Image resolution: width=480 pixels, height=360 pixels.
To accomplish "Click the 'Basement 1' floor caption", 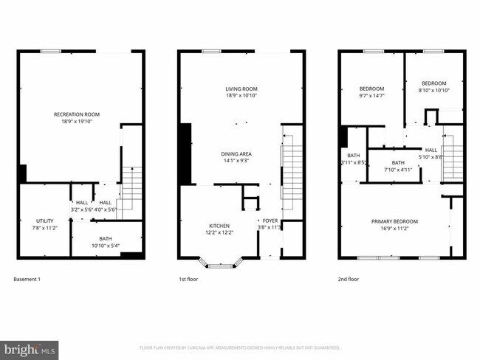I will point(27,280).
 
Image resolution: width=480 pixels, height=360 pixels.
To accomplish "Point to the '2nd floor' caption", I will point(349,280).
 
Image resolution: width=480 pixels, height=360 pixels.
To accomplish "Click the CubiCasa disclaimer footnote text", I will point(240,347).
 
